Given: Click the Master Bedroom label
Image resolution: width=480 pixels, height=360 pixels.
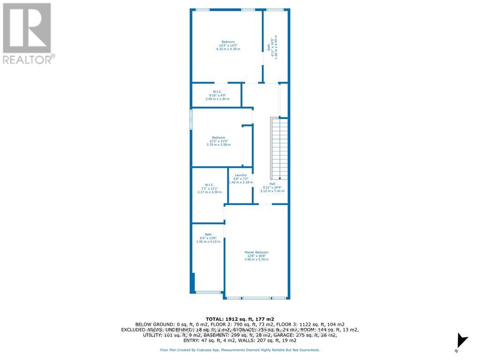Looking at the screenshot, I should [256, 252].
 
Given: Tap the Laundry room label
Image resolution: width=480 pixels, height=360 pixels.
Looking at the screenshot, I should [241, 175].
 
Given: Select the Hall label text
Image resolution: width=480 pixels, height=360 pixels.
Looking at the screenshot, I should [272, 184].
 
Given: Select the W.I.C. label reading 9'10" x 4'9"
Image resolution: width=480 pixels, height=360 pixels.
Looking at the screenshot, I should [217, 92].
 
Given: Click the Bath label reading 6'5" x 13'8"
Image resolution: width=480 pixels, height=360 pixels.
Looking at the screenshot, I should [208, 234].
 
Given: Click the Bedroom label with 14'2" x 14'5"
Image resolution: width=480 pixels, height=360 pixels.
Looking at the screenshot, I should [228, 42].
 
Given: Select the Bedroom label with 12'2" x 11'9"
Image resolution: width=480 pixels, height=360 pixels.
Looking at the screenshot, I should [218, 137].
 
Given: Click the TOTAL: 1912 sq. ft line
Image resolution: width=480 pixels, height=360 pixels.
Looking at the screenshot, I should [240, 318].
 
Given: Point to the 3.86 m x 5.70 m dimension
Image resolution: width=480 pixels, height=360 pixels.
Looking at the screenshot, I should [256, 259].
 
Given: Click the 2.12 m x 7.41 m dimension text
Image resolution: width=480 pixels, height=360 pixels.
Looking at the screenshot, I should [272, 191].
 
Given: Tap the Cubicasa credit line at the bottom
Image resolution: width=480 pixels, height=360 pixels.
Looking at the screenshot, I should [240, 350].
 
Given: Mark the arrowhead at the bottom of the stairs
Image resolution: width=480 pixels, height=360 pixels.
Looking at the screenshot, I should [280, 179].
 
